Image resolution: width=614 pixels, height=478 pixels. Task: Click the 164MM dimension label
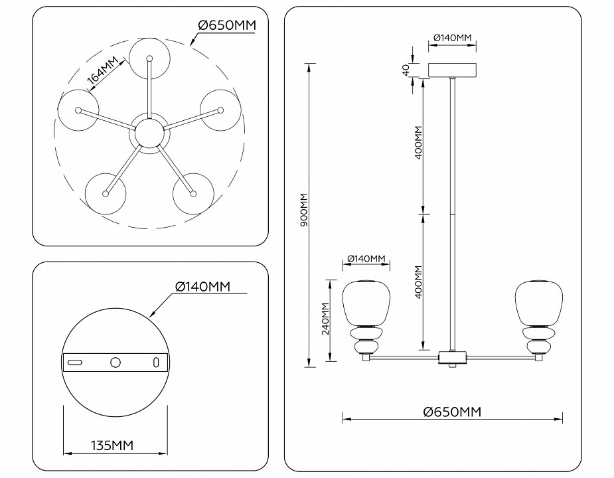(x=103, y=70)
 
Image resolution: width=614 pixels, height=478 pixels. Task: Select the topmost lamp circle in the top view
(x=149, y=58)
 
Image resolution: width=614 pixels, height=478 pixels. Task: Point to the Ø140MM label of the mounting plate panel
(x=202, y=286)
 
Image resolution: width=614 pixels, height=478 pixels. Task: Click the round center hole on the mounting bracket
(x=115, y=362)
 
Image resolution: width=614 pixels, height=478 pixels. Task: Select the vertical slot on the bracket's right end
(x=156, y=362)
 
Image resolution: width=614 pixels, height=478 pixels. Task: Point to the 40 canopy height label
(x=405, y=70)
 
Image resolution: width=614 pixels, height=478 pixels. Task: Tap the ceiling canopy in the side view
(x=454, y=70)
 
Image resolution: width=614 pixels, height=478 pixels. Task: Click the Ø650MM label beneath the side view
(x=452, y=412)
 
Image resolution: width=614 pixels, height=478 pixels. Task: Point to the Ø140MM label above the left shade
(x=366, y=258)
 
